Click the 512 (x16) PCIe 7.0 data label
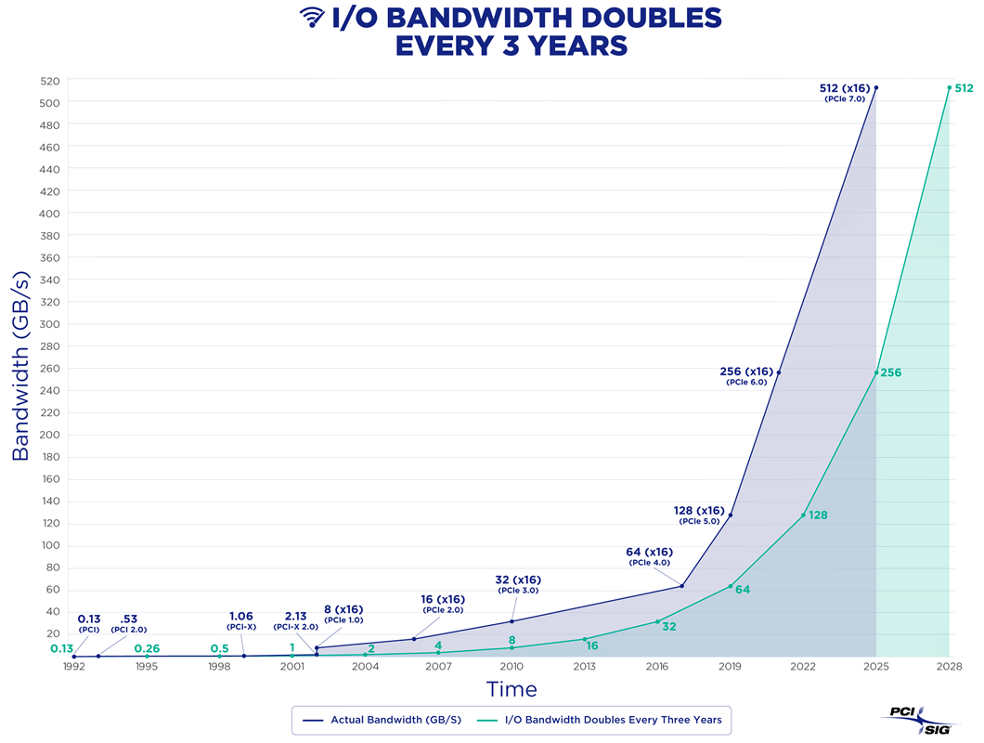tap(846, 92)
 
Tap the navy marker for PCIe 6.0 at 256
tap(778, 372)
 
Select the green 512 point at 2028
tap(949, 88)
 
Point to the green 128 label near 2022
tap(818, 515)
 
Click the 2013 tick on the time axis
tap(584, 667)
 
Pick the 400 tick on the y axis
tap(48, 213)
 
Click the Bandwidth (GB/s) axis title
tap(21, 366)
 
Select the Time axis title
tap(511, 689)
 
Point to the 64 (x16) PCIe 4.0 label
tap(649, 556)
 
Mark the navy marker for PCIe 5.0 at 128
tap(731, 515)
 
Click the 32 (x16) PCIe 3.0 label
tap(518, 584)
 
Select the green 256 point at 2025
tap(876, 372)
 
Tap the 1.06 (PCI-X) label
tap(241, 620)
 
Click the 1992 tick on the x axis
tap(73, 667)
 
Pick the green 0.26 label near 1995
tap(147, 648)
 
